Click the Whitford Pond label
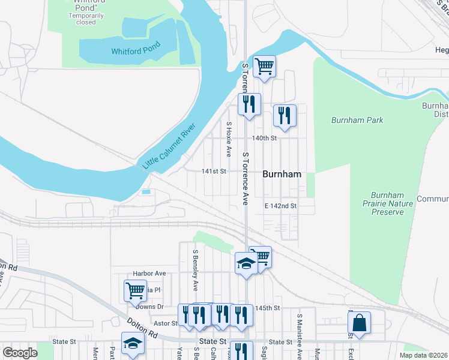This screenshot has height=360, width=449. [136, 52]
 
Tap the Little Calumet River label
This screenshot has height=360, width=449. [170, 146]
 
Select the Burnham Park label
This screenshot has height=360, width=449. [357, 120]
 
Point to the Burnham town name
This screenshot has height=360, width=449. [282, 174]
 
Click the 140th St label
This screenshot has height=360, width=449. [264, 138]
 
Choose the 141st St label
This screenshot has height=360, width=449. [214, 172]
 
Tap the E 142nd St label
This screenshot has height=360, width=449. [281, 206]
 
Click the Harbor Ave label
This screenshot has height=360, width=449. [149, 273]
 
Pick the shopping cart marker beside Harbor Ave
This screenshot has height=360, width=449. [135, 290]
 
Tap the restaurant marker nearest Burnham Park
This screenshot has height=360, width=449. [285, 115]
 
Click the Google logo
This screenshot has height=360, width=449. [20, 353]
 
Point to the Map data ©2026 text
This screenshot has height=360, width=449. [423, 355]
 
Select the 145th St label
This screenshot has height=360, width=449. [268, 308]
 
